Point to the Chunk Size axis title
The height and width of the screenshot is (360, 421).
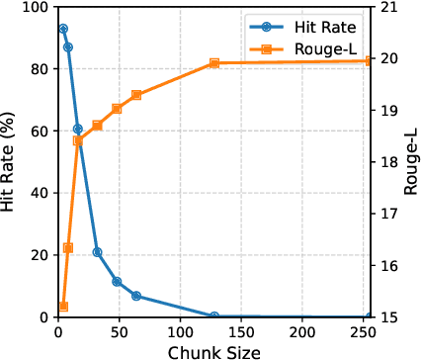(x=213, y=351)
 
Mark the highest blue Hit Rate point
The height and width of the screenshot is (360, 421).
(x=63, y=29)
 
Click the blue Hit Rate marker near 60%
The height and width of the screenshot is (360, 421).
(x=78, y=129)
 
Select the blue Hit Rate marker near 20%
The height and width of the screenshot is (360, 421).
(x=97, y=252)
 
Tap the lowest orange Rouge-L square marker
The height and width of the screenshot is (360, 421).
(x=63, y=307)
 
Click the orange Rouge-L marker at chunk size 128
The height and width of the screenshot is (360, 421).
(x=214, y=63)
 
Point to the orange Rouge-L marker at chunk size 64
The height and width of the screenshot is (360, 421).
(x=136, y=95)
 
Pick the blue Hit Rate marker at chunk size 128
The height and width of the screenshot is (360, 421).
(x=214, y=316)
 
